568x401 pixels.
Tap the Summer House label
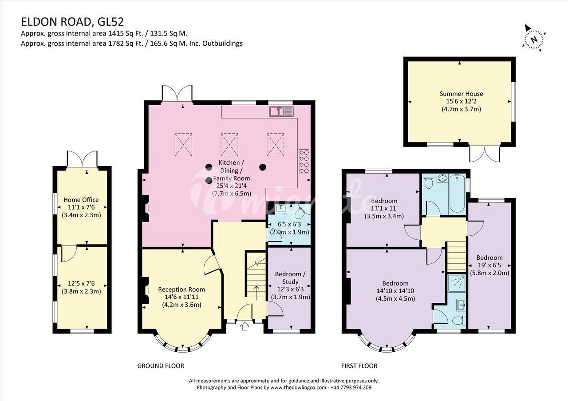[x=461, y=94]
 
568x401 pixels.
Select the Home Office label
[x=81, y=200]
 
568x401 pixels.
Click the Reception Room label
[x=181, y=290]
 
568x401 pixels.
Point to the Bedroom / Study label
[x=290, y=278]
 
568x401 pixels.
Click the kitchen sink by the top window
[x=281, y=111]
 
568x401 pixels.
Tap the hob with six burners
[x=304, y=161]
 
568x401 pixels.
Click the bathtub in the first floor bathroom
[x=457, y=194]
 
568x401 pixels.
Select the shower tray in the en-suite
[x=457, y=283]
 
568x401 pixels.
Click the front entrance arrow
[x=245, y=326]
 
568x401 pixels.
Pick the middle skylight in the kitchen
[x=229, y=144]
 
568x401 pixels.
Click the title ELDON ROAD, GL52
[x=72, y=22]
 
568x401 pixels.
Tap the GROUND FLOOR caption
[x=161, y=366]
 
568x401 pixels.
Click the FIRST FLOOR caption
[x=359, y=366]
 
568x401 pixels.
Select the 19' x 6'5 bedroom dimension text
[x=489, y=266]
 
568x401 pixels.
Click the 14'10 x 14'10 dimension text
[x=395, y=291]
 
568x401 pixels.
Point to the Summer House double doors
[x=485, y=154]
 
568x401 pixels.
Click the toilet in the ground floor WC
[x=302, y=214]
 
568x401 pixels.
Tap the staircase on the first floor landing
[x=456, y=257]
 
